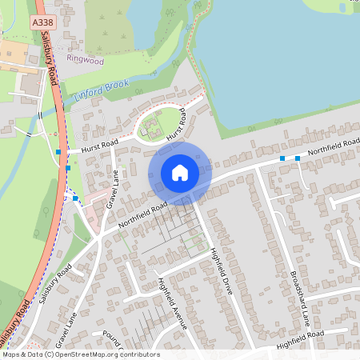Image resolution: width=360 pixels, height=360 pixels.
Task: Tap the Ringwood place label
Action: (x=86, y=59)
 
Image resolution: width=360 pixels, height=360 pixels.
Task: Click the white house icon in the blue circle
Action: (x=180, y=173)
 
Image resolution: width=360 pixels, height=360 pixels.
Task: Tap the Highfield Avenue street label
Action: (x=172, y=303)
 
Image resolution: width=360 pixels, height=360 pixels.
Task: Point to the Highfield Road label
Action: (x=300, y=339)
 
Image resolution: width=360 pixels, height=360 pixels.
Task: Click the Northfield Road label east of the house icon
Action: (x=328, y=146)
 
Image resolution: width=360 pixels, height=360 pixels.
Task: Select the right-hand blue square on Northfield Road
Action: (x=298, y=158)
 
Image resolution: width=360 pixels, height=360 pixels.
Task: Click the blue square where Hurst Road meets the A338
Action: (x=58, y=150)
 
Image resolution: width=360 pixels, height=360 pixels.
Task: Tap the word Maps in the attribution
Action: (x=12, y=354)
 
